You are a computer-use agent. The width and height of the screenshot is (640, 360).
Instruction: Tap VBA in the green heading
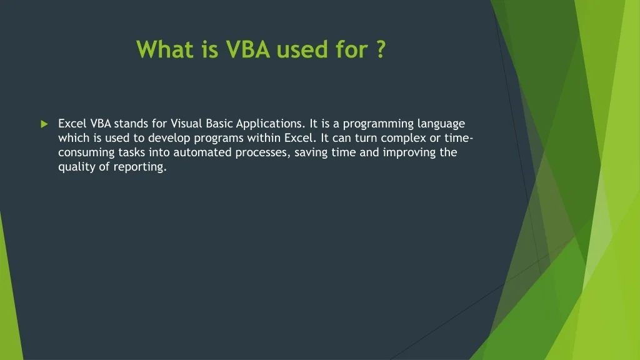tap(247, 49)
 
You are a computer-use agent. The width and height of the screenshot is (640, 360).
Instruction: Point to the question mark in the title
tap(380, 49)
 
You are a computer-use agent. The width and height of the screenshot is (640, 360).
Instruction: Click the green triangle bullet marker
tap(44, 124)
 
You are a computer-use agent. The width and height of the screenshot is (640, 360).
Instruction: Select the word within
tap(264, 138)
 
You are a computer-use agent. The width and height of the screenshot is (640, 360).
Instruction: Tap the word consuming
tap(86, 153)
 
